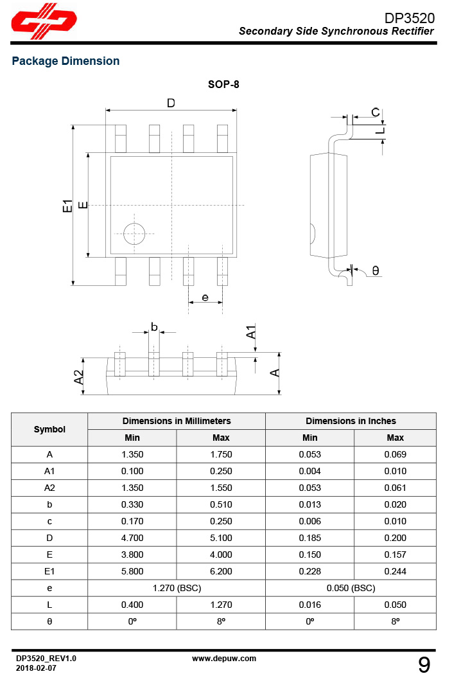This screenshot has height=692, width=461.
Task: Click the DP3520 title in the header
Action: coord(409,18)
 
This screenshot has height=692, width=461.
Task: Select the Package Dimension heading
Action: coord(65,61)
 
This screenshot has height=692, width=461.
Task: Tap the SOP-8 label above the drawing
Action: coord(223,84)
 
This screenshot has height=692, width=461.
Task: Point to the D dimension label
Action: coord(171,103)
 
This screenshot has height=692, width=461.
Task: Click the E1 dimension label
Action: coord(67,206)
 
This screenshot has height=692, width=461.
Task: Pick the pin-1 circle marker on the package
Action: coord(135,233)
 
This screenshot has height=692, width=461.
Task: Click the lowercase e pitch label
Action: coord(205,297)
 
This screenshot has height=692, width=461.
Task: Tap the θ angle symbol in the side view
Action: coord(376,271)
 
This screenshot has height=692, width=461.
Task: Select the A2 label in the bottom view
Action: coord(79,377)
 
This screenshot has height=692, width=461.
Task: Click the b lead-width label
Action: coord(154,327)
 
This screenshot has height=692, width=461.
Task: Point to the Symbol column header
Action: coord(49,429)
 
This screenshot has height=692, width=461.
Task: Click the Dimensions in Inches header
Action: coord(351,421)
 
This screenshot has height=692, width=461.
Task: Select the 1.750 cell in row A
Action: coord(221,454)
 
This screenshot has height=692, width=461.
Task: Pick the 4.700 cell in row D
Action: coord(132,538)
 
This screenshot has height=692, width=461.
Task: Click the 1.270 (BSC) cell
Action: coord(177,588)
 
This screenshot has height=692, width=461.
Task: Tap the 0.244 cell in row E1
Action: coord(395,571)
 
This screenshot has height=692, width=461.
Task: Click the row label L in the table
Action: coord(49,605)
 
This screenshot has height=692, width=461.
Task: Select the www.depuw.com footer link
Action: coord(224,658)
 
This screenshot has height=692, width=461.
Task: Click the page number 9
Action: coord(424,665)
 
